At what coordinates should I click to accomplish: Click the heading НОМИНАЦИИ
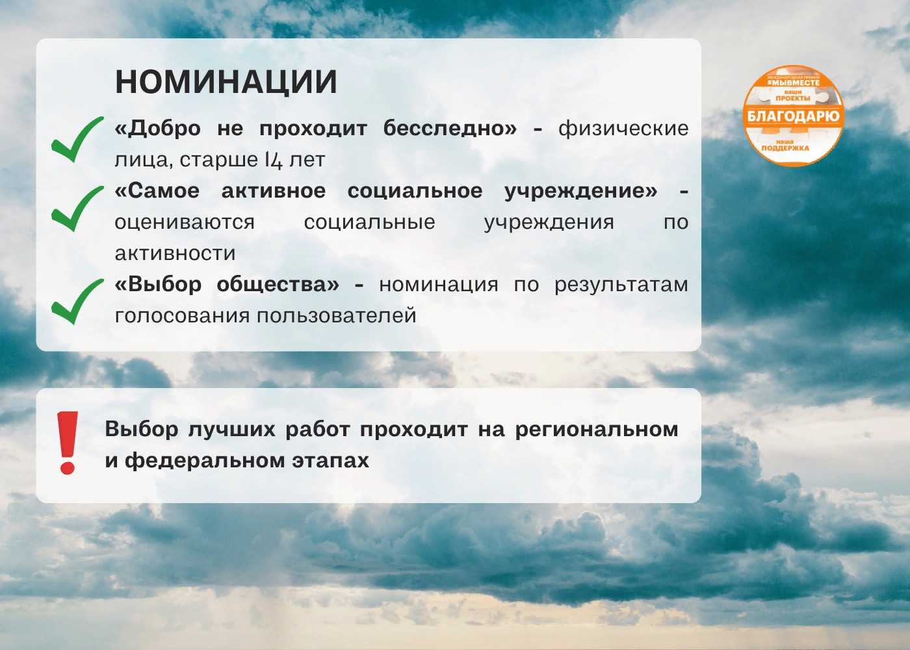(226, 82)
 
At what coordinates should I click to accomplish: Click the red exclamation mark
(67, 443)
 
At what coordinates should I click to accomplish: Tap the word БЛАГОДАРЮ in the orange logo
(794, 116)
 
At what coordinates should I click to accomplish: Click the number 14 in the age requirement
(274, 160)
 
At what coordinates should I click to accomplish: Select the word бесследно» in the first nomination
(450, 129)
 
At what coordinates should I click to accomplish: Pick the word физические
(623, 129)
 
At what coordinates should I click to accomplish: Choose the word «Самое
(157, 191)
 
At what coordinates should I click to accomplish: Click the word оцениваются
(185, 222)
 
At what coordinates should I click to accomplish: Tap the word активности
(175, 253)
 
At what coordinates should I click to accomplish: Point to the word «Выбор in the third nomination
(158, 285)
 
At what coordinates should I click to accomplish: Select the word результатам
(621, 285)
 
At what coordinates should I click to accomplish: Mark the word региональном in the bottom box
(597, 430)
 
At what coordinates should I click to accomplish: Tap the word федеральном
(205, 461)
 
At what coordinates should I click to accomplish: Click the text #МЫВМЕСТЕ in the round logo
(794, 83)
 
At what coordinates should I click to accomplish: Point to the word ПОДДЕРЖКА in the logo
(786, 148)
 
